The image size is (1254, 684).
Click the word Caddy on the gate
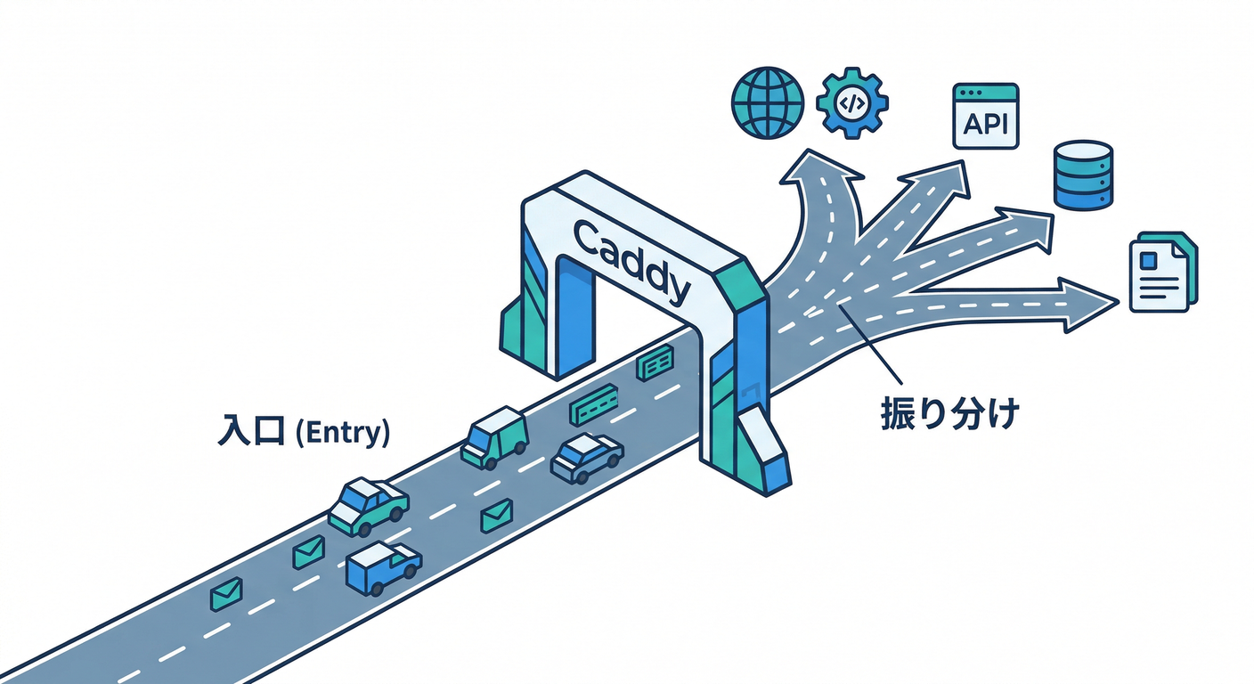coord(632,259)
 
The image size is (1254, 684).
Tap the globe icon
coord(767,102)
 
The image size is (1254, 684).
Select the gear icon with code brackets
coord(851,102)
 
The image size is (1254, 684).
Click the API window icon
coord(985,116)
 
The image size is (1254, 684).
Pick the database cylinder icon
coord(1082,175)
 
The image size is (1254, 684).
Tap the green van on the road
coord(494,436)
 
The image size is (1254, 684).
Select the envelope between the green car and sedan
coord(496,516)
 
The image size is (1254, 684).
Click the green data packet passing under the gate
coord(655,363)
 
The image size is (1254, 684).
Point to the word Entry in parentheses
coord(342,433)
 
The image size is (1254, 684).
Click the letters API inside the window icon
coord(985,123)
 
